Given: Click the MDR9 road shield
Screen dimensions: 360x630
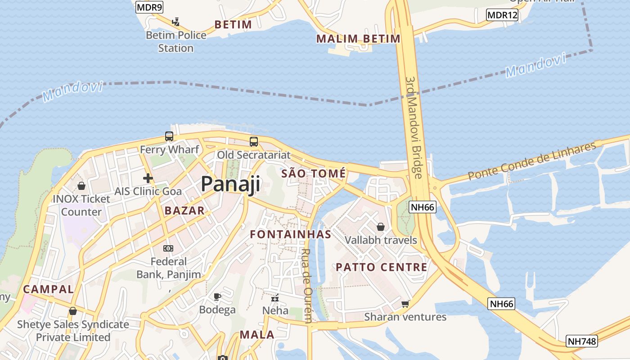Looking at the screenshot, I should [x=149, y=7].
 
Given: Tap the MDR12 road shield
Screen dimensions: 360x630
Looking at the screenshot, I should [x=502, y=15].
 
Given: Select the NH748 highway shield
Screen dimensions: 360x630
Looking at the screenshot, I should [x=582, y=341].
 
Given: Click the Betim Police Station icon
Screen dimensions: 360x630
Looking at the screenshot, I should [x=176, y=21].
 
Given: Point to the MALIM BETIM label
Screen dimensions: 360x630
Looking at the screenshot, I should [x=358, y=39].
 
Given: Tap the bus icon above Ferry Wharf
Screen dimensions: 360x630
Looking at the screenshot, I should [x=169, y=136].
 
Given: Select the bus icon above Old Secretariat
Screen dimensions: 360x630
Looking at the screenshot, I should [x=254, y=142].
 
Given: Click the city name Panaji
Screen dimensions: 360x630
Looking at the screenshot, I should [x=230, y=184].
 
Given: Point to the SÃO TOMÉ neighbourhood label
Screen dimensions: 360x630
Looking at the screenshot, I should [x=314, y=174].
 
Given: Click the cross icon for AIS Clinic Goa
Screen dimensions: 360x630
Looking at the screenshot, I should [x=148, y=178].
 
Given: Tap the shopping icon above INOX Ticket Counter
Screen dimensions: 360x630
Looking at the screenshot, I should [x=81, y=185].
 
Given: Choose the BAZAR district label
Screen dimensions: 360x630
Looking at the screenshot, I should [x=184, y=211].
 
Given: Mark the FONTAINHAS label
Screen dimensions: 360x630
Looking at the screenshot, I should [x=291, y=234].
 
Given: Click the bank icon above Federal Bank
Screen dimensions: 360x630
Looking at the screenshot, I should [x=168, y=248].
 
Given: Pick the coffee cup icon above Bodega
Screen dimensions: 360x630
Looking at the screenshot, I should [x=217, y=296].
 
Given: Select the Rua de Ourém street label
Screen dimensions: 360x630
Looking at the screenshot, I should [x=306, y=286].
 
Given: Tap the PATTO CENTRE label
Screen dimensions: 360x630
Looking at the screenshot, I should [x=382, y=267].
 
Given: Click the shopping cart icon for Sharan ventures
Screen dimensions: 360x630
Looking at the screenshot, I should [x=405, y=304].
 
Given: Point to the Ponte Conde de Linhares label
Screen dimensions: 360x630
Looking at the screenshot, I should [x=532, y=161].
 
